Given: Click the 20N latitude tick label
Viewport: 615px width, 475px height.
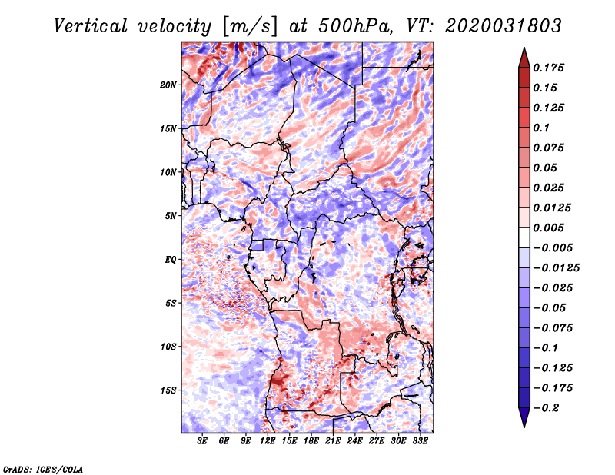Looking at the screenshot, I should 168,85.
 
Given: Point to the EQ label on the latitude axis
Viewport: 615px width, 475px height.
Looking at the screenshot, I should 170,260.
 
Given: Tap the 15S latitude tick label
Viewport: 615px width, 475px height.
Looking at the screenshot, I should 168,390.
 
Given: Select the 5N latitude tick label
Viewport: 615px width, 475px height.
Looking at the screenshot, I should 171,216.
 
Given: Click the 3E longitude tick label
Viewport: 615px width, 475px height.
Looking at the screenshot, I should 202,442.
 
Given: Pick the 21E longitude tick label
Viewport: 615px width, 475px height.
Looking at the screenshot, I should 333,442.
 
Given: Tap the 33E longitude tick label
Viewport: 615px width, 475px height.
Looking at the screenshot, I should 420,442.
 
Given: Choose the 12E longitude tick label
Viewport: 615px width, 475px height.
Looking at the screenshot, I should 268,442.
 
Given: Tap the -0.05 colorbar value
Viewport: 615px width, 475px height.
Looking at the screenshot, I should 550,307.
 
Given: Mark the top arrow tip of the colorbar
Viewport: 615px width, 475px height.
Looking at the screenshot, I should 524,48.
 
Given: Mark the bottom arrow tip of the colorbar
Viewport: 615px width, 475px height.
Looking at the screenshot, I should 524,426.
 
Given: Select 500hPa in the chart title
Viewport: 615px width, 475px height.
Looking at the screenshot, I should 348,26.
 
